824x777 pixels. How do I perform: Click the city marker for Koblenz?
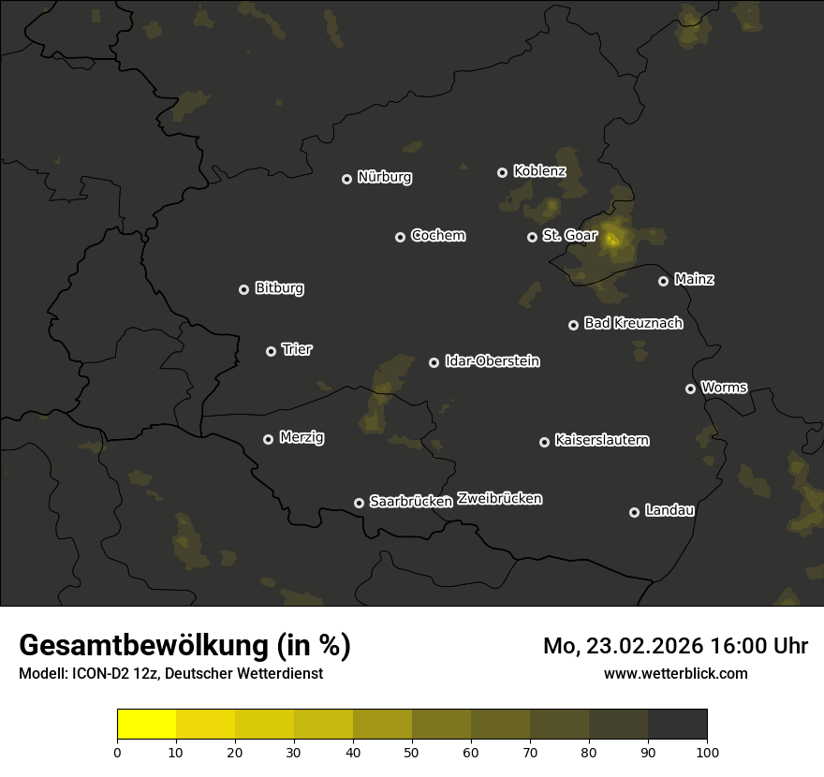[502, 172]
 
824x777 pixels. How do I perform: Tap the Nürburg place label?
[385, 177]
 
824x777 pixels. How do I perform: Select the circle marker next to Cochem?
[400, 237]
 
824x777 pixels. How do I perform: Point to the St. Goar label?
[569, 236]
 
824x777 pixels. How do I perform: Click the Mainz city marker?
[663, 281]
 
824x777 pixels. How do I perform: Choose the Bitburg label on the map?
[279, 288]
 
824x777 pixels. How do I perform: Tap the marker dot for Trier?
[271, 351]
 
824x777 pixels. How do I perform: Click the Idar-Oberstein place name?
[493, 361]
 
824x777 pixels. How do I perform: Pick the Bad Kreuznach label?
[633, 324]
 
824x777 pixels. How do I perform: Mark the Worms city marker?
[690, 388]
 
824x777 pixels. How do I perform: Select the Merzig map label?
[302, 438]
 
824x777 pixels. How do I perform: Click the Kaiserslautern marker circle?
[544, 442]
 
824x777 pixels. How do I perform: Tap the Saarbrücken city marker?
[359, 503]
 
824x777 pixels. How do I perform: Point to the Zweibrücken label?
[499, 499]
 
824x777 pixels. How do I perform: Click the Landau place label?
[669, 511]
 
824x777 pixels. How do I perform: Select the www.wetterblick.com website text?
[676, 673]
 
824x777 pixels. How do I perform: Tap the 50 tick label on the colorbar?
[412, 752]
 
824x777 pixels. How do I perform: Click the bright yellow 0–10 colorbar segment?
[147, 725]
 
